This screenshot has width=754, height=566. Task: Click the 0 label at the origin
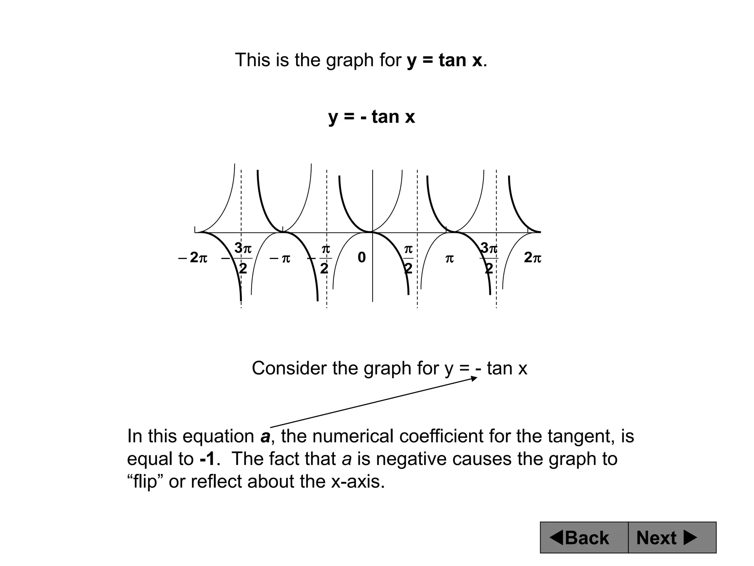(x=362, y=258)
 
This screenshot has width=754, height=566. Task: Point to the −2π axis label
(x=193, y=258)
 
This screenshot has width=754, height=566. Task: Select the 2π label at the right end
(x=532, y=258)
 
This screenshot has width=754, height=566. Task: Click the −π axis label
(x=280, y=258)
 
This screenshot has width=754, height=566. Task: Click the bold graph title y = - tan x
(x=371, y=117)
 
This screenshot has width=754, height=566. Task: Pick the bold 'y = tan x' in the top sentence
(x=444, y=60)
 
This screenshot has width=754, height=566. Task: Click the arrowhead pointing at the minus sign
(x=475, y=378)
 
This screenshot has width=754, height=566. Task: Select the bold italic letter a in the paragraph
(x=265, y=436)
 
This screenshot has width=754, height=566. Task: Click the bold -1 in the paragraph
(x=207, y=459)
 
